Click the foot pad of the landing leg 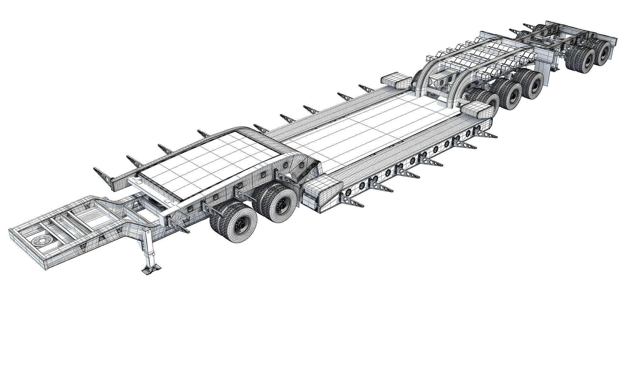(152, 269)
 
